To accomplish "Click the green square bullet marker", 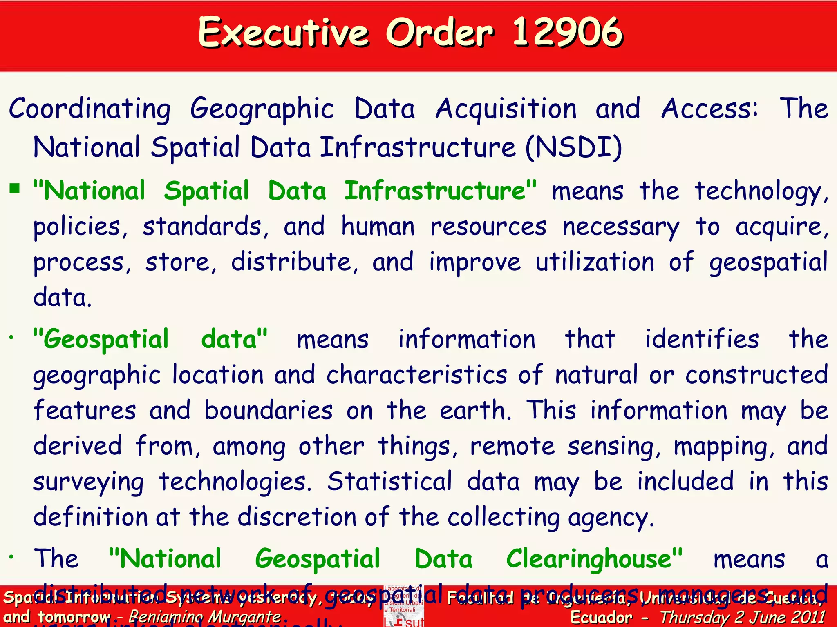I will coord(15,188).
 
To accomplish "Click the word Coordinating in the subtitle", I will coord(90,109).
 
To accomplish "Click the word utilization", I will coord(595,262).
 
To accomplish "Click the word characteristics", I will coord(417,375).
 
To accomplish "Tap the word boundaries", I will coord(269,410).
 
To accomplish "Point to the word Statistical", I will coord(389,482).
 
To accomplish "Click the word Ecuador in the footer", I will coord(601,617).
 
